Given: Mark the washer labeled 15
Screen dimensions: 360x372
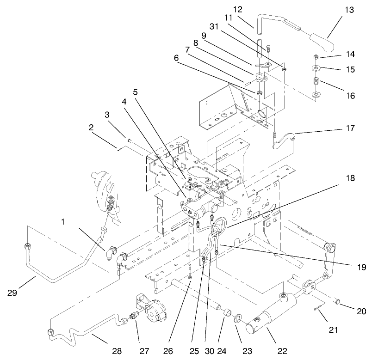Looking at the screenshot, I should click(317, 69).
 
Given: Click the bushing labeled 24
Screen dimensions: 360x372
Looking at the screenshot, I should click(226, 314).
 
